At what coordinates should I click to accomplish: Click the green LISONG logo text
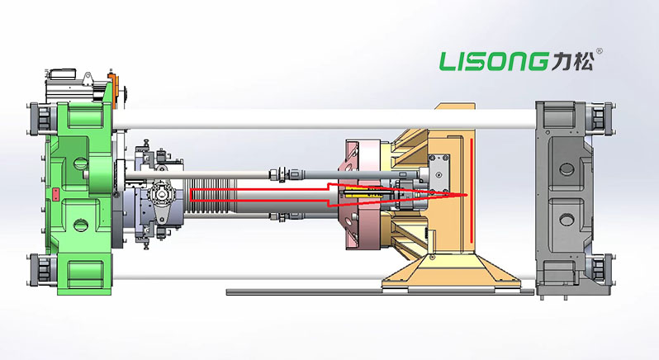[494, 61]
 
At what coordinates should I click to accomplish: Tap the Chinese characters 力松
[572, 61]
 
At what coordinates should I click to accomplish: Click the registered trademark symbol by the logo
[600, 51]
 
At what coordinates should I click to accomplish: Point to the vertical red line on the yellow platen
[472, 190]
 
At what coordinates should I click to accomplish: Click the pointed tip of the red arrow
[467, 196]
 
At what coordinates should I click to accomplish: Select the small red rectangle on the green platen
[55, 195]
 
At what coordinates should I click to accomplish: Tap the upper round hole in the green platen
[79, 161]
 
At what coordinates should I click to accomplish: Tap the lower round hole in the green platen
[79, 225]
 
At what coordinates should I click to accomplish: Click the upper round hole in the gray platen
[567, 169]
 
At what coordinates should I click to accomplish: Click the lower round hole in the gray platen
[567, 220]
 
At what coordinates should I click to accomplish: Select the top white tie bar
[324, 119]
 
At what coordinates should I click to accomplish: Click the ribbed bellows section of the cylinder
[209, 195]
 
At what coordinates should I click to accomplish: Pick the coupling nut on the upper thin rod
[277, 173]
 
